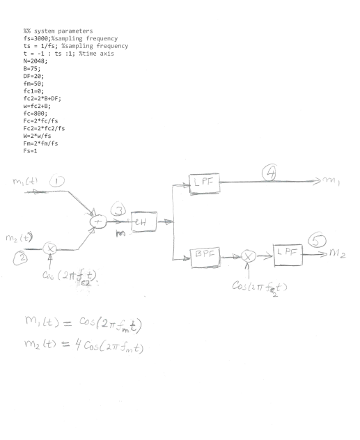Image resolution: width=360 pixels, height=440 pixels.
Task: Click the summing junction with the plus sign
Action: click(94, 223)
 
